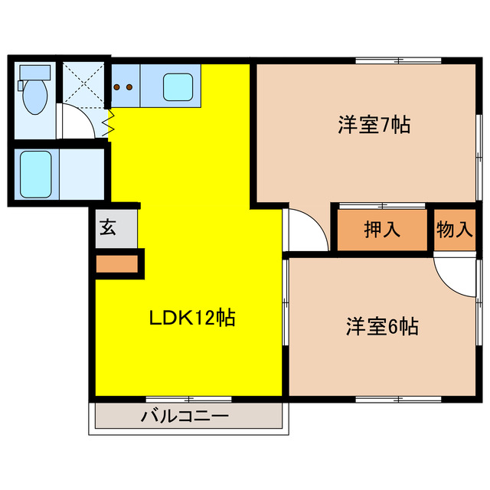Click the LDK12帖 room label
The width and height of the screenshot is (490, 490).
coord(191,317)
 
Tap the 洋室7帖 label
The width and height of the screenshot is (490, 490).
coord(374,125)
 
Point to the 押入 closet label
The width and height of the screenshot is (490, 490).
coord(382,230)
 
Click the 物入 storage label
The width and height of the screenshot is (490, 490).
coord(455,230)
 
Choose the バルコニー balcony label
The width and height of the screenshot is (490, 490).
coord(185,417)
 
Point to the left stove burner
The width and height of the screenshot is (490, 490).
coord(117,87)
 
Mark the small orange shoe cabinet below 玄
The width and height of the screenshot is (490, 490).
coord(116,264)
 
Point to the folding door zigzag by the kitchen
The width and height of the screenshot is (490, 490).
coord(110,120)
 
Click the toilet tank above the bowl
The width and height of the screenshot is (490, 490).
coord(34,73)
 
